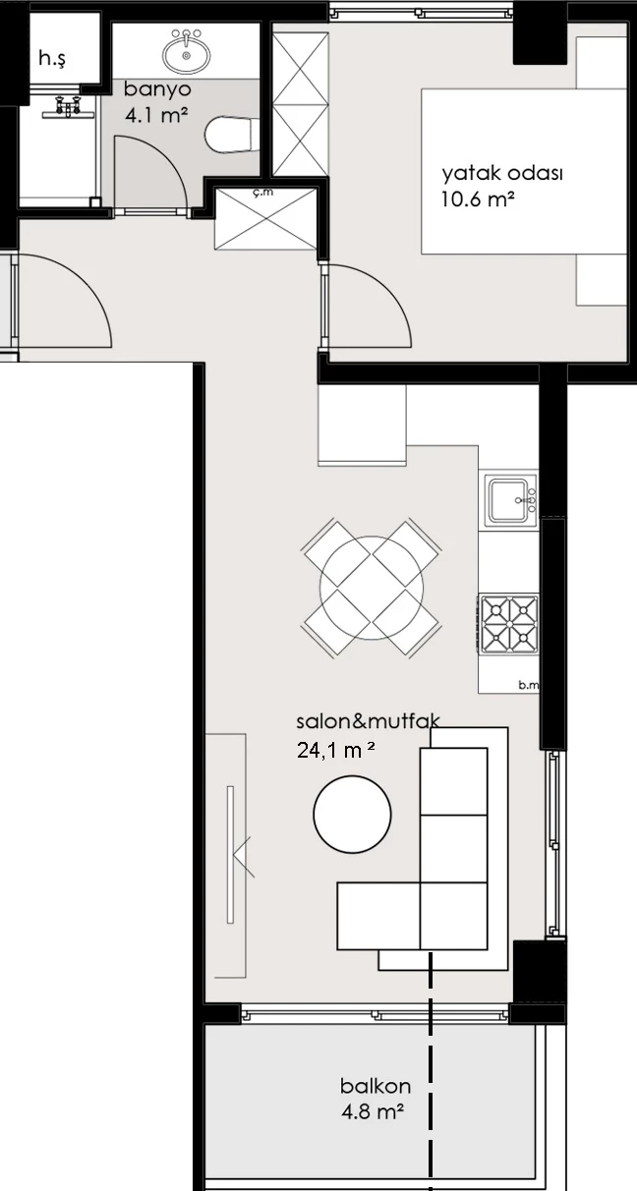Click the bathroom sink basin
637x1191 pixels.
(x=186, y=51)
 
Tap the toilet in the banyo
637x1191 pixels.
(x=228, y=135)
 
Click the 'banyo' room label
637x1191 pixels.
(x=157, y=89)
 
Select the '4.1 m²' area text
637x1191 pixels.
(x=156, y=115)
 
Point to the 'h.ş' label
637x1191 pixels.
(x=52, y=59)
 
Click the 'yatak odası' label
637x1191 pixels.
(x=502, y=174)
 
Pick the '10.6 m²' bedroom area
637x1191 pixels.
(x=478, y=199)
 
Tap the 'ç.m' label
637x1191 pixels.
(x=263, y=193)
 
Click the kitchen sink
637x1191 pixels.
(x=509, y=500)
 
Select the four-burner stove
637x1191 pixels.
(x=509, y=624)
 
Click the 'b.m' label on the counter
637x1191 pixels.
(x=529, y=685)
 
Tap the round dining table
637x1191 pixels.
(x=372, y=588)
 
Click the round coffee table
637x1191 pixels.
(x=352, y=814)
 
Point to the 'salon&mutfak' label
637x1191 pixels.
(x=368, y=722)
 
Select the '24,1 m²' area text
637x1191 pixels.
(x=336, y=750)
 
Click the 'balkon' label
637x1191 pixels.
(x=376, y=1087)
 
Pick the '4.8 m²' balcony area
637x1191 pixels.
(x=373, y=1111)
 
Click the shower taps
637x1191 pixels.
(x=69, y=106)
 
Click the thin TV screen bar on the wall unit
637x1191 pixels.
(x=230, y=855)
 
